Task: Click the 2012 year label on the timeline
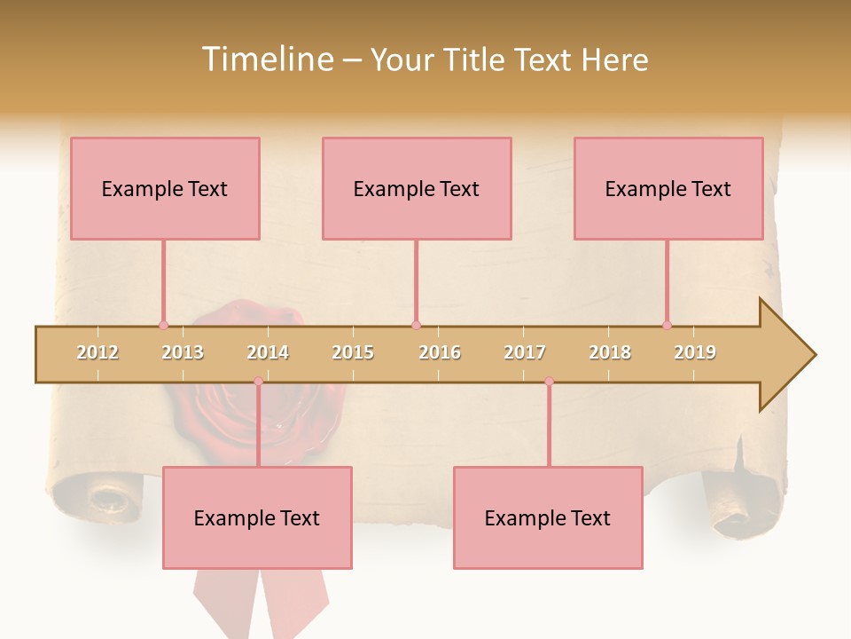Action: [x=98, y=352]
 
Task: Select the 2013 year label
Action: [x=183, y=352]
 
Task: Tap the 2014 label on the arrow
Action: [x=268, y=352]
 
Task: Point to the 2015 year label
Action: [x=353, y=352]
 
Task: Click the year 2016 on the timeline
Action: [x=440, y=352]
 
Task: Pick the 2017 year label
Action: [x=525, y=352]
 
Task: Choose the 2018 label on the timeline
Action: [x=610, y=352]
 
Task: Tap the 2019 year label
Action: [x=695, y=352]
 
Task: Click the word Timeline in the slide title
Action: [x=266, y=59]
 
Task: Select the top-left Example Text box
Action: [x=165, y=188]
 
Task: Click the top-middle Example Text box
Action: [x=417, y=188]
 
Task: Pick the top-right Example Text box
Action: [x=668, y=188]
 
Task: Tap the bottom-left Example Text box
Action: [x=257, y=517]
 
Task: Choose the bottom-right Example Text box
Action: [x=548, y=517]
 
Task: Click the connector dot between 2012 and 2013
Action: [x=163, y=325]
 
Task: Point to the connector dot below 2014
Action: [x=258, y=382]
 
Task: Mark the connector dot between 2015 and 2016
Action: [x=416, y=325]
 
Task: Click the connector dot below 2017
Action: [x=549, y=382]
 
